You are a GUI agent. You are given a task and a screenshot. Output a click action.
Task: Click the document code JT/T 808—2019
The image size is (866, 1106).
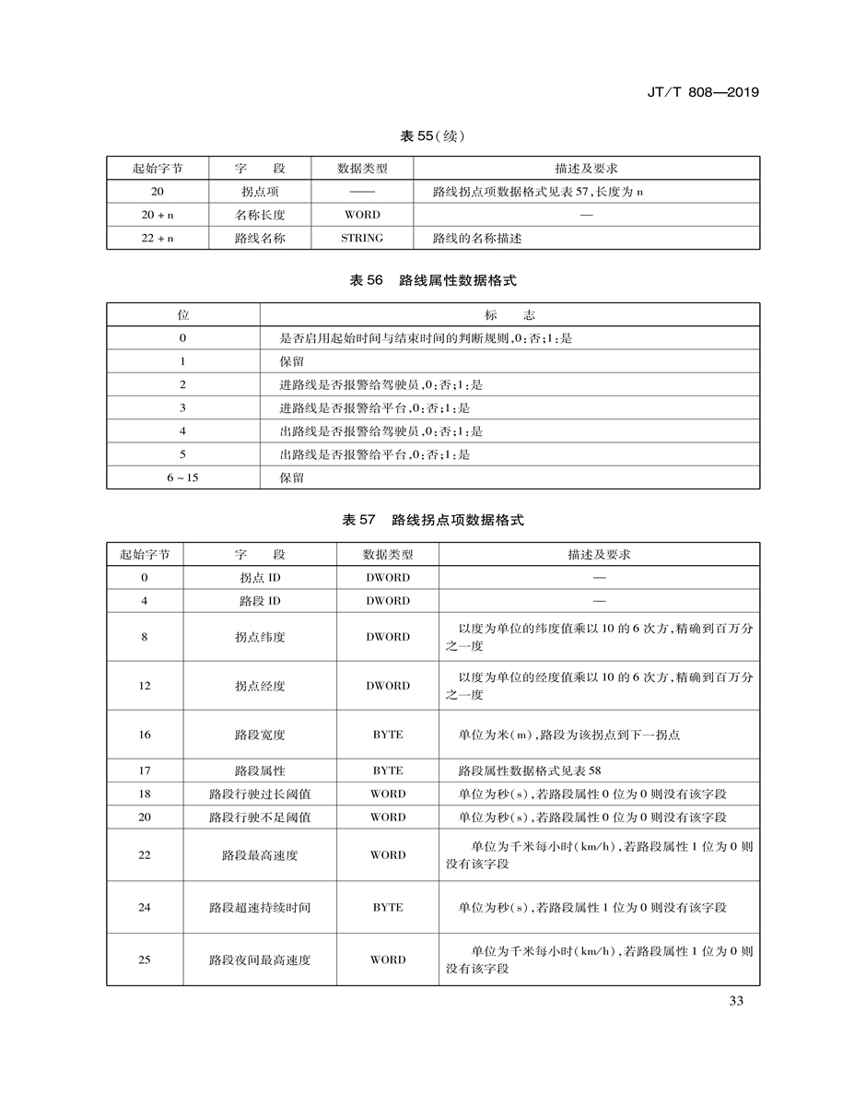(704, 92)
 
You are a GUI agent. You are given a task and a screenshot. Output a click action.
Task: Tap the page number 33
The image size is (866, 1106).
(735, 1002)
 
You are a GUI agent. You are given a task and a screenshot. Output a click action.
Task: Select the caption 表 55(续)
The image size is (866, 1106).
(432, 136)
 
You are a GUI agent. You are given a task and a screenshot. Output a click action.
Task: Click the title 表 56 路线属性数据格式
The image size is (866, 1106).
(432, 280)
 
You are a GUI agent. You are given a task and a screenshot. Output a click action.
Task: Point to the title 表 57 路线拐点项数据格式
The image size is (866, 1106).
(432, 521)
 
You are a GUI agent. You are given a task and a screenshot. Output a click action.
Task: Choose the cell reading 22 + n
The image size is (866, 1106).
(158, 238)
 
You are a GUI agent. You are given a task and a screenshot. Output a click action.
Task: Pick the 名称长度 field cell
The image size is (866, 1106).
(260, 215)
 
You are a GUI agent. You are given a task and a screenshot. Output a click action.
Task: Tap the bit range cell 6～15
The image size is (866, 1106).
(182, 477)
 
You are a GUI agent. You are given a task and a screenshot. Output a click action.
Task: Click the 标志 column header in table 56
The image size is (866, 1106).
(509, 315)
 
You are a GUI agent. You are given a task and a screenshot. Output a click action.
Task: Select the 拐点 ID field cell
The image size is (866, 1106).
(260, 578)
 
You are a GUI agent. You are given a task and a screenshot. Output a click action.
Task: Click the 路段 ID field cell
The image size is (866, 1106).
(260, 601)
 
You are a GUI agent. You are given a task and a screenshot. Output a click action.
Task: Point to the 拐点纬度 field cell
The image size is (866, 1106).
(260, 637)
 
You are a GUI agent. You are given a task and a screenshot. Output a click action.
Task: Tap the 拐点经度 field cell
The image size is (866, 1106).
(260, 686)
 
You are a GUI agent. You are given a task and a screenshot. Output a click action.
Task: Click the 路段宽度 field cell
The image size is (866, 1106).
(260, 735)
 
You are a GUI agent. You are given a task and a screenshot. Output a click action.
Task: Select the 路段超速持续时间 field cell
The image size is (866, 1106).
(260, 907)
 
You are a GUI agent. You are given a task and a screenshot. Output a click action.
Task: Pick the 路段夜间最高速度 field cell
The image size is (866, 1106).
(260, 959)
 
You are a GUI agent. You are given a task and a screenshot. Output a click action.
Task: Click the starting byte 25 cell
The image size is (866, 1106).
(145, 959)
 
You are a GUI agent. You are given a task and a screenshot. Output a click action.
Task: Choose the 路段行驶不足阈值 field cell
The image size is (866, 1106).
(260, 818)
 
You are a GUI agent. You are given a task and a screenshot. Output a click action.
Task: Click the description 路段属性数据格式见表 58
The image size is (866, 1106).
(529, 771)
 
